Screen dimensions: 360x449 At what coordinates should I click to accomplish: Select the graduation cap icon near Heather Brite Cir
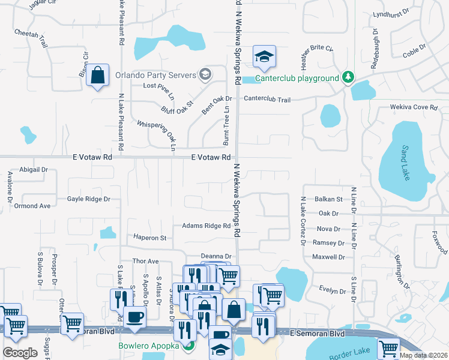pyautogui.click(x=264, y=56)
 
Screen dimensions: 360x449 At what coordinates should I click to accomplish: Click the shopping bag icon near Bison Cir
pyautogui.click(x=97, y=76)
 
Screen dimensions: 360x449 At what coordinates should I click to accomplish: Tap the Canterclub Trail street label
pyautogui.click(x=267, y=100)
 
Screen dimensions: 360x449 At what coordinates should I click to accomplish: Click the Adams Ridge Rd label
pyautogui.click(x=206, y=226)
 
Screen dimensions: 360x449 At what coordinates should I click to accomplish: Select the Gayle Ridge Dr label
pyautogui.click(x=89, y=199)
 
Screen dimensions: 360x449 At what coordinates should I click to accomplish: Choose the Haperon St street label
pyautogui.click(x=149, y=238)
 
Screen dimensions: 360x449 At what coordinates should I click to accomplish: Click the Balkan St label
pyautogui.click(x=328, y=199)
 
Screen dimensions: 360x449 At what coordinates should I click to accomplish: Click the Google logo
pyautogui.click(x=20, y=353)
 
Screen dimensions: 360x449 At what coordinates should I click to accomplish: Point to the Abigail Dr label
pyautogui.click(x=33, y=170)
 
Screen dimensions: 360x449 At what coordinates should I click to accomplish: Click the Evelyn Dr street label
pyautogui.click(x=333, y=292)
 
